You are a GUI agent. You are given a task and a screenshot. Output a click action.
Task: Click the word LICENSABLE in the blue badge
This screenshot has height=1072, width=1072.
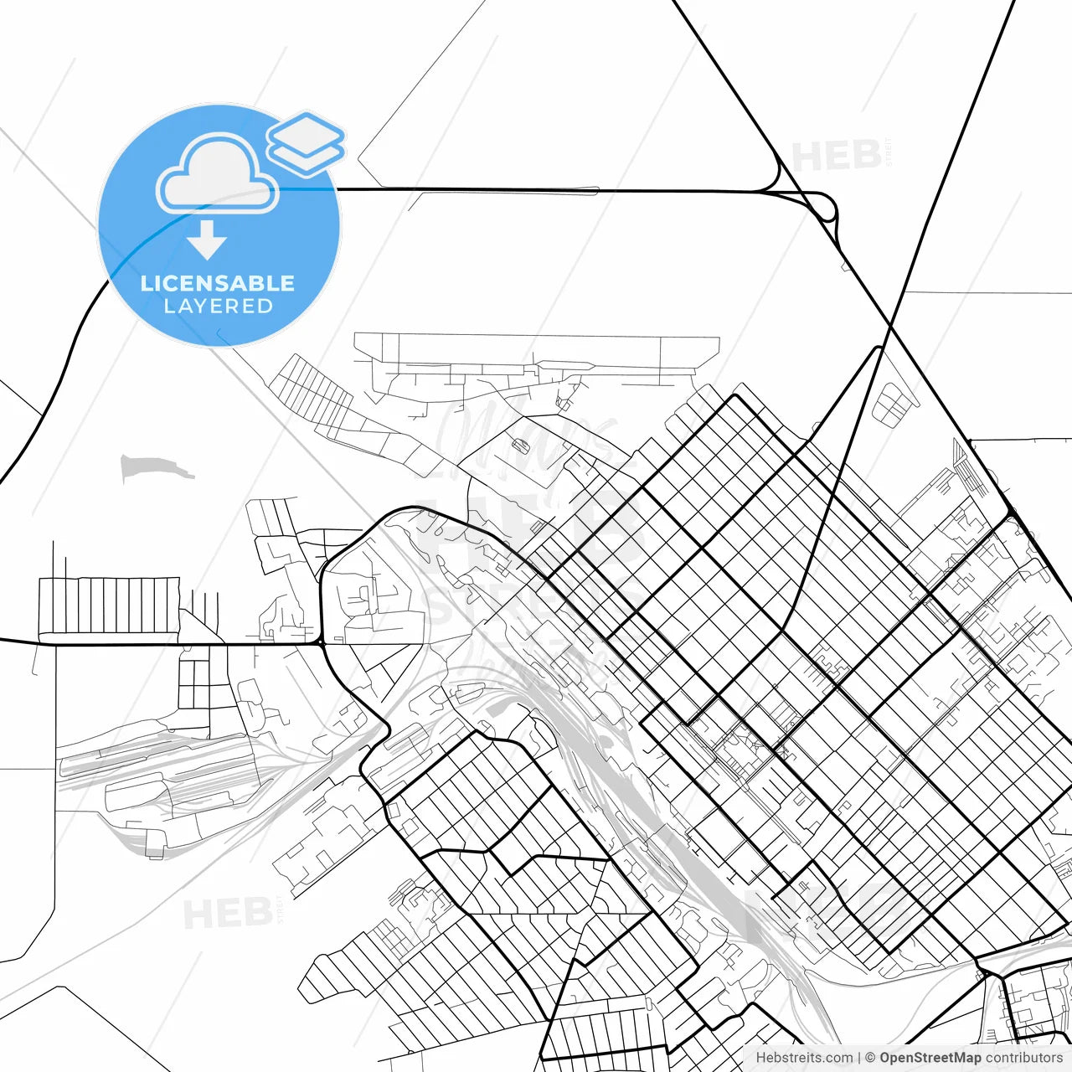(218, 283)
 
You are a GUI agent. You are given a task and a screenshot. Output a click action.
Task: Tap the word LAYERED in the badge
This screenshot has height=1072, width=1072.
(218, 307)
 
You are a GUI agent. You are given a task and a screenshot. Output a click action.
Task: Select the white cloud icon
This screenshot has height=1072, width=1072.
(218, 174)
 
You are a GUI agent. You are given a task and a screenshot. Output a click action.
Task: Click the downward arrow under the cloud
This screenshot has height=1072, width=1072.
(207, 240)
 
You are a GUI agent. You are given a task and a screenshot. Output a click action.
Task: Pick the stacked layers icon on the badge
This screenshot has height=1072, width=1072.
(307, 142)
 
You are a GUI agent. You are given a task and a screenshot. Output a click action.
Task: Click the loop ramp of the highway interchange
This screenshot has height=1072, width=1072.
(826, 208)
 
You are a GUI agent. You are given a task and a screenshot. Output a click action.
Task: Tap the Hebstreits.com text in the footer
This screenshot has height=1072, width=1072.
(804, 1058)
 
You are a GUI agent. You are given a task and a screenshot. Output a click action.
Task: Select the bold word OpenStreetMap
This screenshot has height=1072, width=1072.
(930, 1058)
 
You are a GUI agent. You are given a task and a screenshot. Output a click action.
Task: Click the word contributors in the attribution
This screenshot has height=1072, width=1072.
(1023, 1058)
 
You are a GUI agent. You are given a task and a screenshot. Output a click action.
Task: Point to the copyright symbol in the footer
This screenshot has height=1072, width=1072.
(870, 1058)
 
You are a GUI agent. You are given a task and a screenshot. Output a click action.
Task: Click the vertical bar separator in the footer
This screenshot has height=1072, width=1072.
(859, 1058)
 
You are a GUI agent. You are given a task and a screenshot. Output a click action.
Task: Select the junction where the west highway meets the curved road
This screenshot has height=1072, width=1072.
(322, 643)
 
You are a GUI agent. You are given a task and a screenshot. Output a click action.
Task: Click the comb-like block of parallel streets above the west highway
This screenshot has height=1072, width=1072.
(109, 605)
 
